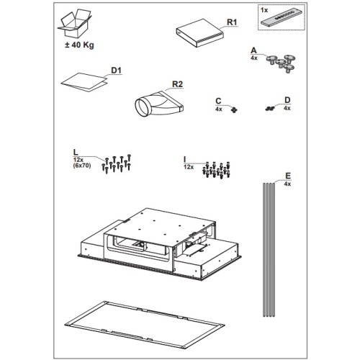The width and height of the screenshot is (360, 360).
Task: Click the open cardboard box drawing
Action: (x=74, y=24)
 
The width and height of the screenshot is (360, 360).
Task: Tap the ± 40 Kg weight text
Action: (x=79, y=45)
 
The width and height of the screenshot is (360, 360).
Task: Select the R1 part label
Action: (x=232, y=22)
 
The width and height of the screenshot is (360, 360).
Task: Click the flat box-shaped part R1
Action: (x=200, y=33)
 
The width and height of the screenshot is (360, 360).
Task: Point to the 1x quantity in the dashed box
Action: (x=264, y=10)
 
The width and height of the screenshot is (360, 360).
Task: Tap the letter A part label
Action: (x=253, y=50)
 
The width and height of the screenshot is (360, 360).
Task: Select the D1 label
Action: (x=116, y=71)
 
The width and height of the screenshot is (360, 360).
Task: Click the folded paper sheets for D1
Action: (x=84, y=82)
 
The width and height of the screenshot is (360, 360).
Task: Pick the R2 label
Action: (x=177, y=84)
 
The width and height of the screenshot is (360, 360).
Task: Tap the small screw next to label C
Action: (x=234, y=110)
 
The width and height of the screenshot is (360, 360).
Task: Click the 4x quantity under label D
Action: (x=287, y=108)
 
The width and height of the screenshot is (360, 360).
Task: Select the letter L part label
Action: (x=76, y=152)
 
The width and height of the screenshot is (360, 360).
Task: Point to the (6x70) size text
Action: (x=82, y=166)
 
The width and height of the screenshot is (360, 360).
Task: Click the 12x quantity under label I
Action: (x=189, y=167)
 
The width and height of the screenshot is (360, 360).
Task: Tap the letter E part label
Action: (x=288, y=176)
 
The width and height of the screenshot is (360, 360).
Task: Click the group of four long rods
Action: (x=269, y=250)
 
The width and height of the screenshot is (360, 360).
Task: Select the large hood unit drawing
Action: (x=161, y=244)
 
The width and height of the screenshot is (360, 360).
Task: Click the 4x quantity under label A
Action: (x=254, y=58)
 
